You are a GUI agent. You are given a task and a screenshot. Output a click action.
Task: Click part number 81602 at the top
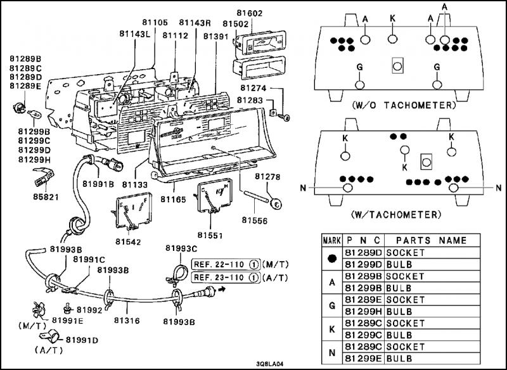pos(249,13)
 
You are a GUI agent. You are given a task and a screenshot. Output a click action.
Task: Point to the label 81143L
pos(135,34)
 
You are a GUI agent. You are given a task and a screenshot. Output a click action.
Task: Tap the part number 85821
pos(46,196)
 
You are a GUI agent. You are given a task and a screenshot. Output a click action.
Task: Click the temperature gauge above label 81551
pos(214,196)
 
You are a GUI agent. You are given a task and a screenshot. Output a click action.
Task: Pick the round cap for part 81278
pos(276,204)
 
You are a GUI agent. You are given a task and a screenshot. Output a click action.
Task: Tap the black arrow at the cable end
pos(221,288)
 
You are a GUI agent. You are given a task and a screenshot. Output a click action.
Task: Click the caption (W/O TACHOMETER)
pos(403,105)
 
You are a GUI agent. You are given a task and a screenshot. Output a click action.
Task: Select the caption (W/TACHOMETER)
pos(396,214)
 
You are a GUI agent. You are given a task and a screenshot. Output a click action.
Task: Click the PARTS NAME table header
pos(432,240)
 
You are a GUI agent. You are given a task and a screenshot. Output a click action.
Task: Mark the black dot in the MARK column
pos(332,258)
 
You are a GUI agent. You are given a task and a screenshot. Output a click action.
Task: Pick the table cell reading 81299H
pos(363,312)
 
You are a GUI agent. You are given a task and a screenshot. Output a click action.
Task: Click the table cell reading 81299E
pos(363,359)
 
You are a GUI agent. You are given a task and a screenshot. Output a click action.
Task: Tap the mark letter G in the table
pos(332,305)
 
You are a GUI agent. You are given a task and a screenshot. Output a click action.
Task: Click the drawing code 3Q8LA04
pos(270,364)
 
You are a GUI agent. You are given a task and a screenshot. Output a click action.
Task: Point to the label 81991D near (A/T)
pos(82,340)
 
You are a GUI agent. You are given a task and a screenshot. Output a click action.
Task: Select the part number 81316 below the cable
pos(127,320)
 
